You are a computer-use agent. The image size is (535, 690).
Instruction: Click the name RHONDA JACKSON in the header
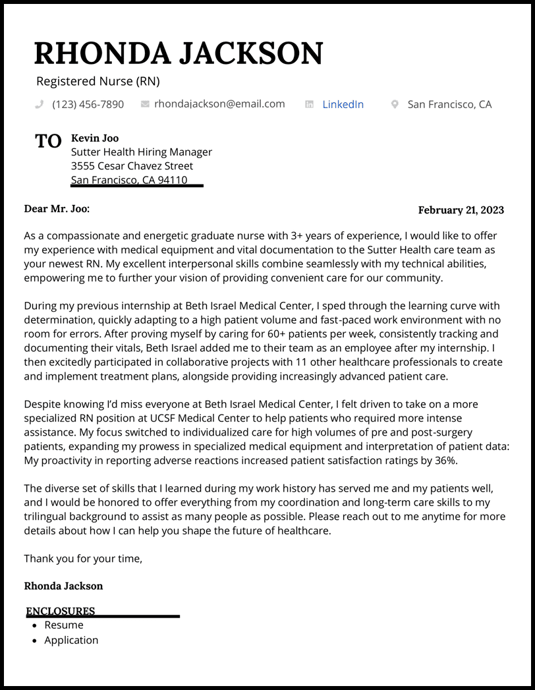(x=179, y=53)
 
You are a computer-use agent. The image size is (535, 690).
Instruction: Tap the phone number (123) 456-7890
(x=88, y=104)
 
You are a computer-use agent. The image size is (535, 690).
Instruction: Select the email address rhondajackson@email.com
(x=219, y=104)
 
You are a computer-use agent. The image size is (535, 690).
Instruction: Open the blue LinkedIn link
(x=343, y=104)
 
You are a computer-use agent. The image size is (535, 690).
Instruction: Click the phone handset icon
(x=40, y=104)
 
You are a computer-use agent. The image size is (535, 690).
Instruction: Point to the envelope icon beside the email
(x=145, y=104)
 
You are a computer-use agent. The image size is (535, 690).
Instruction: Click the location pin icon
(x=395, y=104)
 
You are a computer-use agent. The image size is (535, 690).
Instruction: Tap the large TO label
(x=48, y=141)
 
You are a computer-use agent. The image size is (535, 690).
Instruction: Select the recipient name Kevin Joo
(x=95, y=138)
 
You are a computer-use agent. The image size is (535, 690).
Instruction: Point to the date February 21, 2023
(x=461, y=210)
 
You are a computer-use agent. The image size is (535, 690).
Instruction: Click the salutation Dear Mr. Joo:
(x=57, y=209)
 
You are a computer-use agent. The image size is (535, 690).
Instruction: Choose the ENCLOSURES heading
(x=61, y=611)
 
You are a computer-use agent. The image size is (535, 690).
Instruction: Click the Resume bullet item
(x=64, y=625)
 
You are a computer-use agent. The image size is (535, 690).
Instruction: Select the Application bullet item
(x=71, y=640)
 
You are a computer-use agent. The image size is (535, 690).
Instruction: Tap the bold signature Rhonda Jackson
(x=63, y=586)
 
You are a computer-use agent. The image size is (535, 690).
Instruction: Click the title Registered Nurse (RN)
(x=98, y=82)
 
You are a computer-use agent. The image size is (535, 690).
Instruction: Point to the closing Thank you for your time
(x=83, y=559)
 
